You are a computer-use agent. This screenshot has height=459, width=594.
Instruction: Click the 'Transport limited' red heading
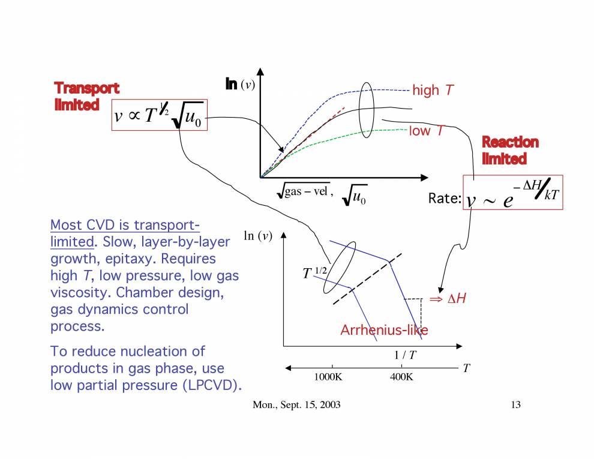(86, 96)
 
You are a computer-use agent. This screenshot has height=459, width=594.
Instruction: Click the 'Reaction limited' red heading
(510, 150)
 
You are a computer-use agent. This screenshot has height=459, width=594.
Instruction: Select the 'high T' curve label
(433, 91)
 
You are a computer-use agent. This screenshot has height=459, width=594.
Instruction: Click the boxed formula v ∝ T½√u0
(159, 115)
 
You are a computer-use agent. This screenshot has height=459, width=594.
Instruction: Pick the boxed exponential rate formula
(512, 192)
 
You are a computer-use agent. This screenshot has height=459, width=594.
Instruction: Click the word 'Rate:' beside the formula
(444, 199)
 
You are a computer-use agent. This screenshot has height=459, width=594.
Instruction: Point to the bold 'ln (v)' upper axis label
(241, 85)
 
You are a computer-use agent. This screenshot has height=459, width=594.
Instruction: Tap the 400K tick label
(401, 377)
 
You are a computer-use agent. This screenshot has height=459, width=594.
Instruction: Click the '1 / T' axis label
(405, 355)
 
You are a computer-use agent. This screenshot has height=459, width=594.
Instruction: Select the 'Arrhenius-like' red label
(384, 330)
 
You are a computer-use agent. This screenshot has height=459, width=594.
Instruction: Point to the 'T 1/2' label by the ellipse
(314, 273)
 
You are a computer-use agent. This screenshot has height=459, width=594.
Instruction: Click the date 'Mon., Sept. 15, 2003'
(296, 405)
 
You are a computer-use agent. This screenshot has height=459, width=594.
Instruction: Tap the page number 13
(515, 405)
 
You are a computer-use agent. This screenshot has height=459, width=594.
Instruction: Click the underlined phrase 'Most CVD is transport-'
(125, 226)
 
